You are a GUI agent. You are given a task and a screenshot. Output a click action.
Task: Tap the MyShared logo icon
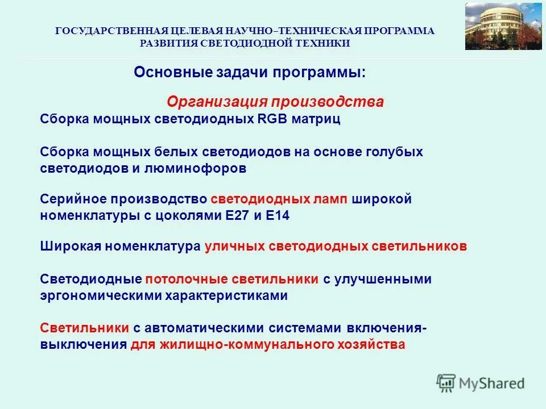[446, 383]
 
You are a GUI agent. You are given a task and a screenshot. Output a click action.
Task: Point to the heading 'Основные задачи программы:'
[250, 73]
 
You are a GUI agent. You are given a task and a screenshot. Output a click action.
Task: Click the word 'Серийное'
[73, 199]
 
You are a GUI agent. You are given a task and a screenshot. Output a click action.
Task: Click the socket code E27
[238, 216]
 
